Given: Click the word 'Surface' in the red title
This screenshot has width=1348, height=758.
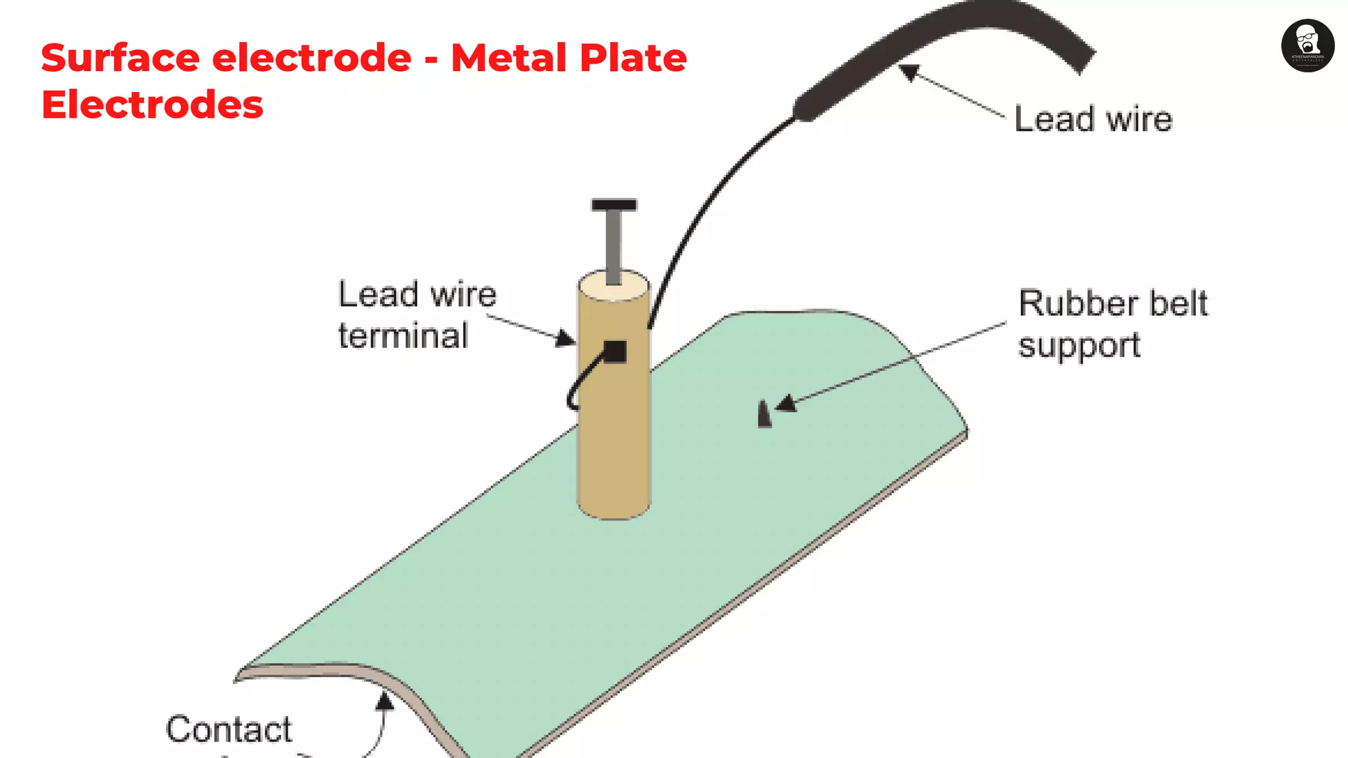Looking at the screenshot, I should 120,58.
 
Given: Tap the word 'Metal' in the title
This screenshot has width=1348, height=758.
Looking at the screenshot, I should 505,58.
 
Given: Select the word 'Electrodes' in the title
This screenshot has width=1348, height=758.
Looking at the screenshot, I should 152,105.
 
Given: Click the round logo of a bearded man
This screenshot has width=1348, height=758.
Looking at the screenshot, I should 1307,45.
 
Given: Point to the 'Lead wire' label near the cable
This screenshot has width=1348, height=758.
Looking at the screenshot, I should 1093,120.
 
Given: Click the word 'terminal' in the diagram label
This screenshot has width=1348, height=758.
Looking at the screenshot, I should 403,336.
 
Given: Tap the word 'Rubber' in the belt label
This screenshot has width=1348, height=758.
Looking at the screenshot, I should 1077,304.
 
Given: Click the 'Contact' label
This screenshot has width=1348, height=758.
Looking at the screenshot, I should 228,729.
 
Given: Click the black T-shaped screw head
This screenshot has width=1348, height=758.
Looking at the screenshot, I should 613,205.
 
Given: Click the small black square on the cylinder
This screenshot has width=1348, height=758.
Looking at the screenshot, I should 615,351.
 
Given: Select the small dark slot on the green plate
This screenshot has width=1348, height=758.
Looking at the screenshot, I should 764,415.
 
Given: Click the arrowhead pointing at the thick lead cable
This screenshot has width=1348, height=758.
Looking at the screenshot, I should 909,72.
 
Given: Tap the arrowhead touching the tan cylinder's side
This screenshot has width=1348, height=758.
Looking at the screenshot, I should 565,339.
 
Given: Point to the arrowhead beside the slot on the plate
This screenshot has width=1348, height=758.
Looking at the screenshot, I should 787,403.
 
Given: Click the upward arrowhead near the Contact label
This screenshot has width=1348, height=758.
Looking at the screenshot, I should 384,701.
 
